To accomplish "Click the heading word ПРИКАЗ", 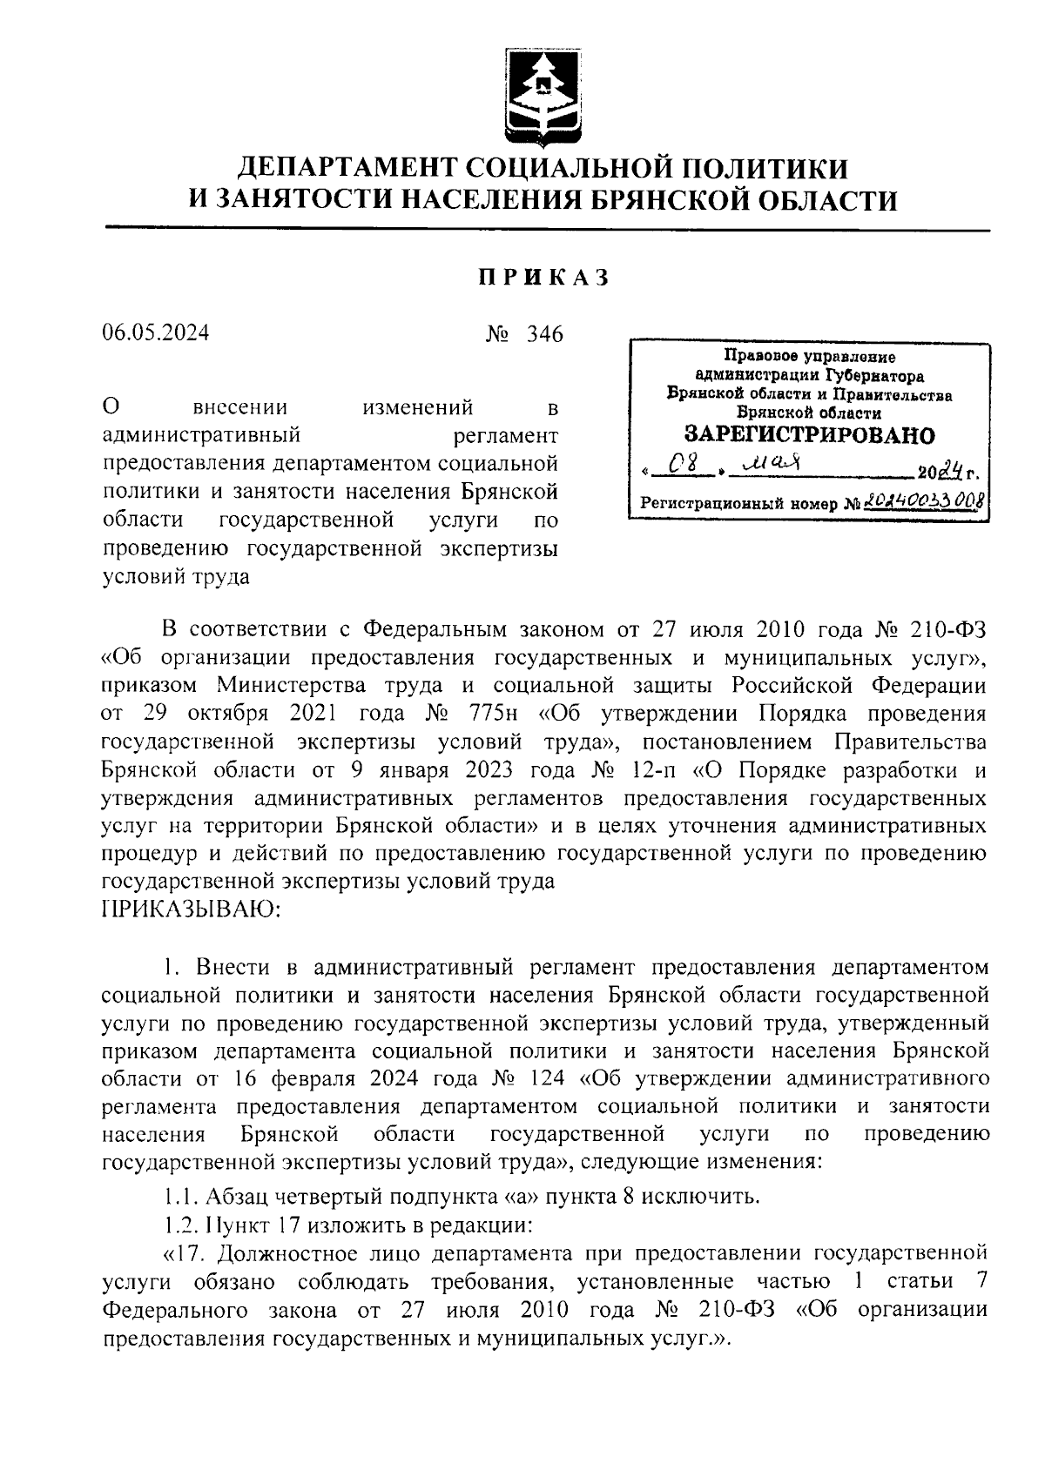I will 543,278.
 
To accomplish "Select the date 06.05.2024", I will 155,333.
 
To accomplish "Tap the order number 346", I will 545,334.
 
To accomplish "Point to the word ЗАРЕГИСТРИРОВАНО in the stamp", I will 809,434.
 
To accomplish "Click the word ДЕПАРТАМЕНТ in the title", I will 340,166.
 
